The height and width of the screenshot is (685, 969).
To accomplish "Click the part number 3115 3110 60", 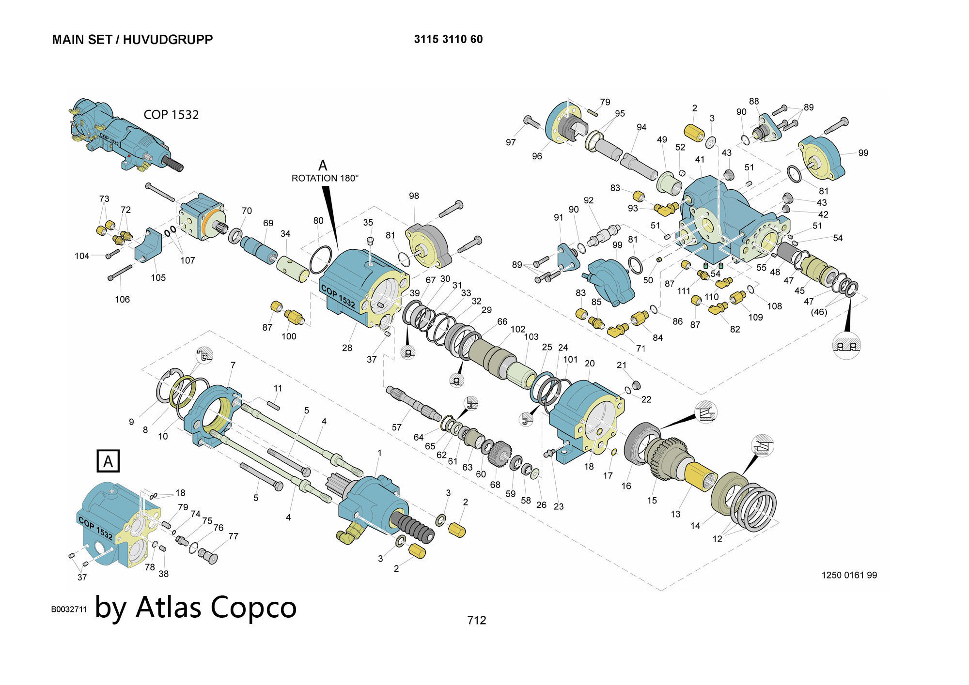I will click(448, 39).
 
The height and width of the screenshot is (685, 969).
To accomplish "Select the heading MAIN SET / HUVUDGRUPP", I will click(132, 40).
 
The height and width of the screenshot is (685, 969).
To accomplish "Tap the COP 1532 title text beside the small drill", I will click(171, 115).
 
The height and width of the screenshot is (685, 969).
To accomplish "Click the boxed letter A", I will click(108, 461).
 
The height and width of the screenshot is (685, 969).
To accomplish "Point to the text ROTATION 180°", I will click(325, 178).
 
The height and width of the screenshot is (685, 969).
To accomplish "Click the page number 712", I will click(476, 620).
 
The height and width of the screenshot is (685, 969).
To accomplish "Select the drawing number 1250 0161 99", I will click(849, 575).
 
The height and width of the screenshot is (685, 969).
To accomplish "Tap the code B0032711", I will click(69, 609).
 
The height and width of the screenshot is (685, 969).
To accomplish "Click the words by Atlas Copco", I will click(196, 607).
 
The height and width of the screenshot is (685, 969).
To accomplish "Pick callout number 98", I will click(414, 196).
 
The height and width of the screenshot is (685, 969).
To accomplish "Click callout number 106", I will click(122, 300).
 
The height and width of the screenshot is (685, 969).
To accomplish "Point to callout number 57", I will click(397, 427).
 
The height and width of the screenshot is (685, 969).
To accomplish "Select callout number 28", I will click(347, 348).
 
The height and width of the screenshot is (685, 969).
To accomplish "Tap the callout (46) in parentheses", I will click(819, 312).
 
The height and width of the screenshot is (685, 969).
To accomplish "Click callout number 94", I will click(641, 127).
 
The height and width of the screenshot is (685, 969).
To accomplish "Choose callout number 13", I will click(675, 514).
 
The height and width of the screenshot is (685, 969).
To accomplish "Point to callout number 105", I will click(158, 278).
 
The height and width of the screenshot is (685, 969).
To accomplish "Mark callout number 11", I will click(278, 388).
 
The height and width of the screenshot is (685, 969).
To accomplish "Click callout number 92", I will click(589, 200).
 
